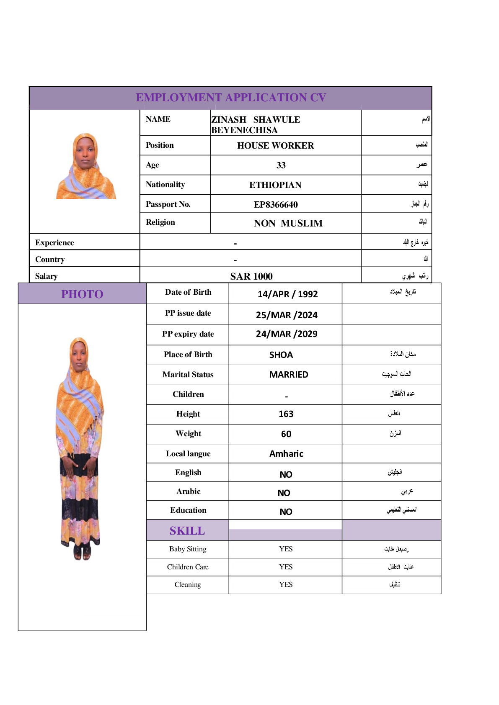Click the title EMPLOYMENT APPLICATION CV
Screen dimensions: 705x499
click(x=231, y=98)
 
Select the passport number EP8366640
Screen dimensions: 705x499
click(x=276, y=204)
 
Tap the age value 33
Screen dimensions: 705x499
click(x=281, y=165)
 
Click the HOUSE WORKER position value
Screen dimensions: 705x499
click(x=275, y=146)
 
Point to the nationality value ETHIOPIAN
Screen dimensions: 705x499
click(x=275, y=185)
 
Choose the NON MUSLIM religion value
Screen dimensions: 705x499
click(x=288, y=224)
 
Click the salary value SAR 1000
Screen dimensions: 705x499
click(x=251, y=276)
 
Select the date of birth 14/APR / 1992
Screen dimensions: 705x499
click(x=287, y=294)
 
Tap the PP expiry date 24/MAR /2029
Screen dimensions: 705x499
click(x=287, y=334)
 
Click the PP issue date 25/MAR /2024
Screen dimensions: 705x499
click(x=287, y=315)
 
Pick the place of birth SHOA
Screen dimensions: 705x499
click(x=281, y=355)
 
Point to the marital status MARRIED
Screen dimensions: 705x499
click(x=288, y=375)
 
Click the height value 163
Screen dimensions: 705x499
click(x=286, y=414)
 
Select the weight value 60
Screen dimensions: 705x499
click(x=286, y=434)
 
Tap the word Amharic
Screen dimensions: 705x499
click(x=286, y=454)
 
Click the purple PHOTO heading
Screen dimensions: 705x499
click(x=82, y=294)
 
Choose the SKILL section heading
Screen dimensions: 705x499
click(x=187, y=531)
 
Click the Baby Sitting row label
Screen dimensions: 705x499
click(x=188, y=549)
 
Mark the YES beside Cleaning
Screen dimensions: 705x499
click(x=286, y=585)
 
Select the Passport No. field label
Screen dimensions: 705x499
click(x=168, y=204)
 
